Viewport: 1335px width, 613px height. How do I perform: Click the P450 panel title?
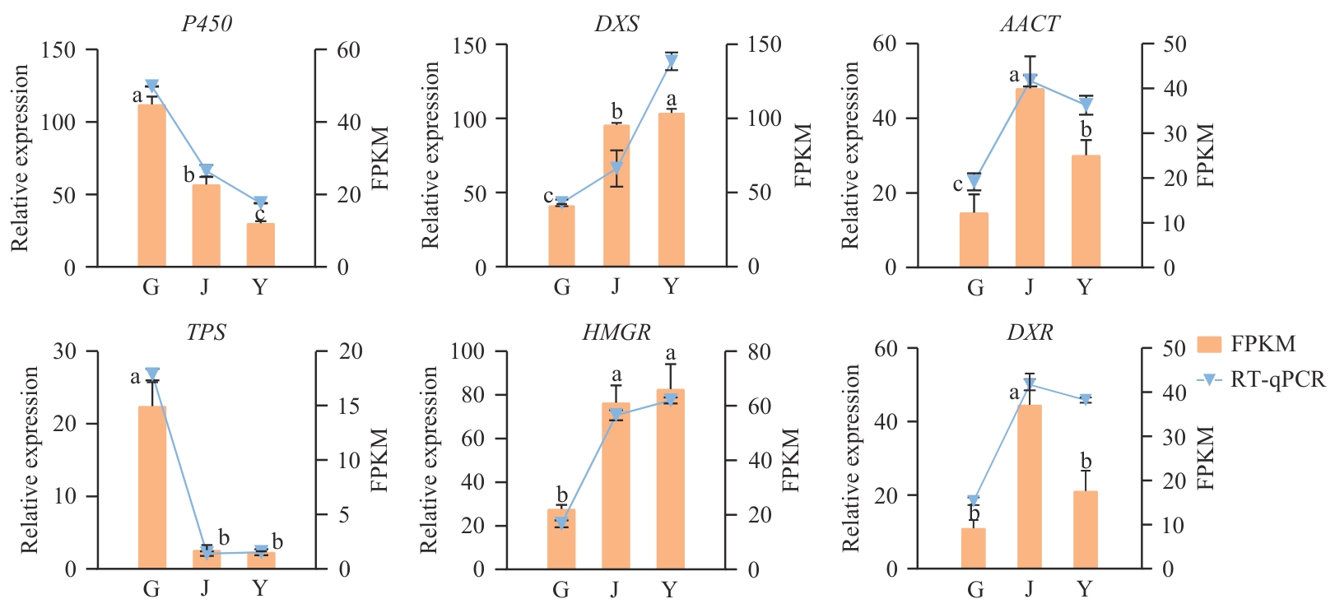point(207,23)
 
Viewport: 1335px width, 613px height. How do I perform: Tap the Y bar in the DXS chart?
point(671,189)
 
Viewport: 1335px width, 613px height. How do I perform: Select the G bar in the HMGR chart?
point(561,539)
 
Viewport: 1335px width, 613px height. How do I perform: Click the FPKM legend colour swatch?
point(1210,344)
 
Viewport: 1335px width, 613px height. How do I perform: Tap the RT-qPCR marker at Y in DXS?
point(672,60)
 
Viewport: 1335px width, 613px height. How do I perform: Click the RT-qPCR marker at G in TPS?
point(151,374)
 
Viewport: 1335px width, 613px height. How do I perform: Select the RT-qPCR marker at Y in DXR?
point(1086,400)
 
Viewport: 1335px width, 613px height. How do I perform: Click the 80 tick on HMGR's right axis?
point(759,352)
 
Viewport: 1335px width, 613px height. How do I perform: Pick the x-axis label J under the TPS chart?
point(205,588)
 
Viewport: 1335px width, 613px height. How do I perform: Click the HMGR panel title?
point(616,332)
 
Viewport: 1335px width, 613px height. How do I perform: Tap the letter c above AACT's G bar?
point(957,184)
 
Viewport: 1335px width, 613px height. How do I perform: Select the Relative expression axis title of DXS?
point(430,155)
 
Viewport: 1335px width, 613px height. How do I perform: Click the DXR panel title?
point(1030,332)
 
